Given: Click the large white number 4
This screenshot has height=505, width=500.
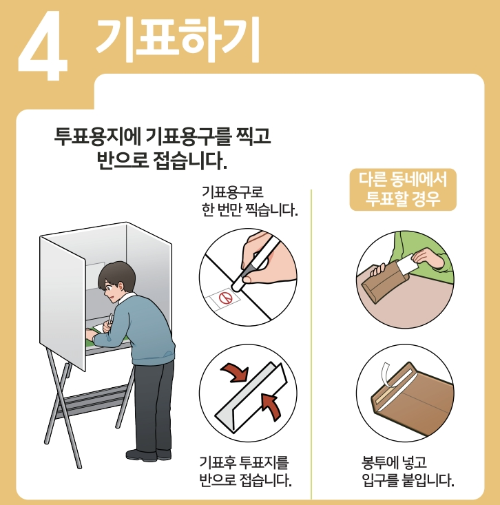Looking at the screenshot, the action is [x=43, y=47].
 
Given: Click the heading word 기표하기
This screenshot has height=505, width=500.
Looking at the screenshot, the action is [x=178, y=39].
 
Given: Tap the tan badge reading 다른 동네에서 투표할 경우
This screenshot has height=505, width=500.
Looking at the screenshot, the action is [x=403, y=189].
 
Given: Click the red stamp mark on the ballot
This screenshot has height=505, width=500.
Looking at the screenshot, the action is [x=226, y=298].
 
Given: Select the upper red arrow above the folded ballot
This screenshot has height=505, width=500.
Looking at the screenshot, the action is [x=235, y=372].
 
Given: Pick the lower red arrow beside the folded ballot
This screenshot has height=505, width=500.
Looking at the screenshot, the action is [x=271, y=406].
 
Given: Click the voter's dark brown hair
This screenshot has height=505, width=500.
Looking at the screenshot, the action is [x=116, y=276].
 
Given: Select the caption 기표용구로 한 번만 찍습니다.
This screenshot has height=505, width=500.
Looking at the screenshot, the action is [x=249, y=201].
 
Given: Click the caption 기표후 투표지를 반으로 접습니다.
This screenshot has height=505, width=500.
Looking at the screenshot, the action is [x=245, y=471].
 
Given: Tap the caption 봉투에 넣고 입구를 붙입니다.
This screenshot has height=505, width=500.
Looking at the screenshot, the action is [x=408, y=471].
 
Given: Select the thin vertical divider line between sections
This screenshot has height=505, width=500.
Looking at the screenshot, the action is [x=311, y=344].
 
